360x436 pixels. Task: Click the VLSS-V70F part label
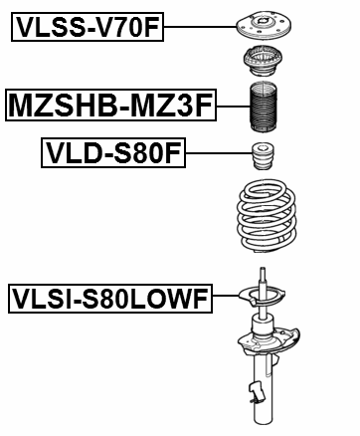(87, 27)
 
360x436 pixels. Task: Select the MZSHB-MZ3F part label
(110, 103)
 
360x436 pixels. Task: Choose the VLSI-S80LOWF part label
(109, 297)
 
